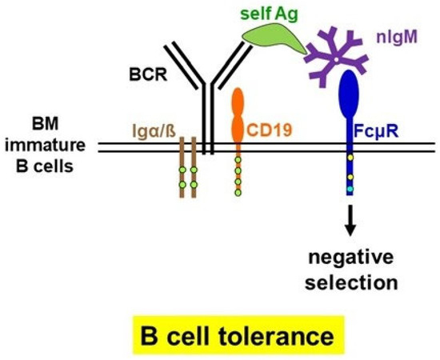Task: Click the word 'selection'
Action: (x=350, y=282)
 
